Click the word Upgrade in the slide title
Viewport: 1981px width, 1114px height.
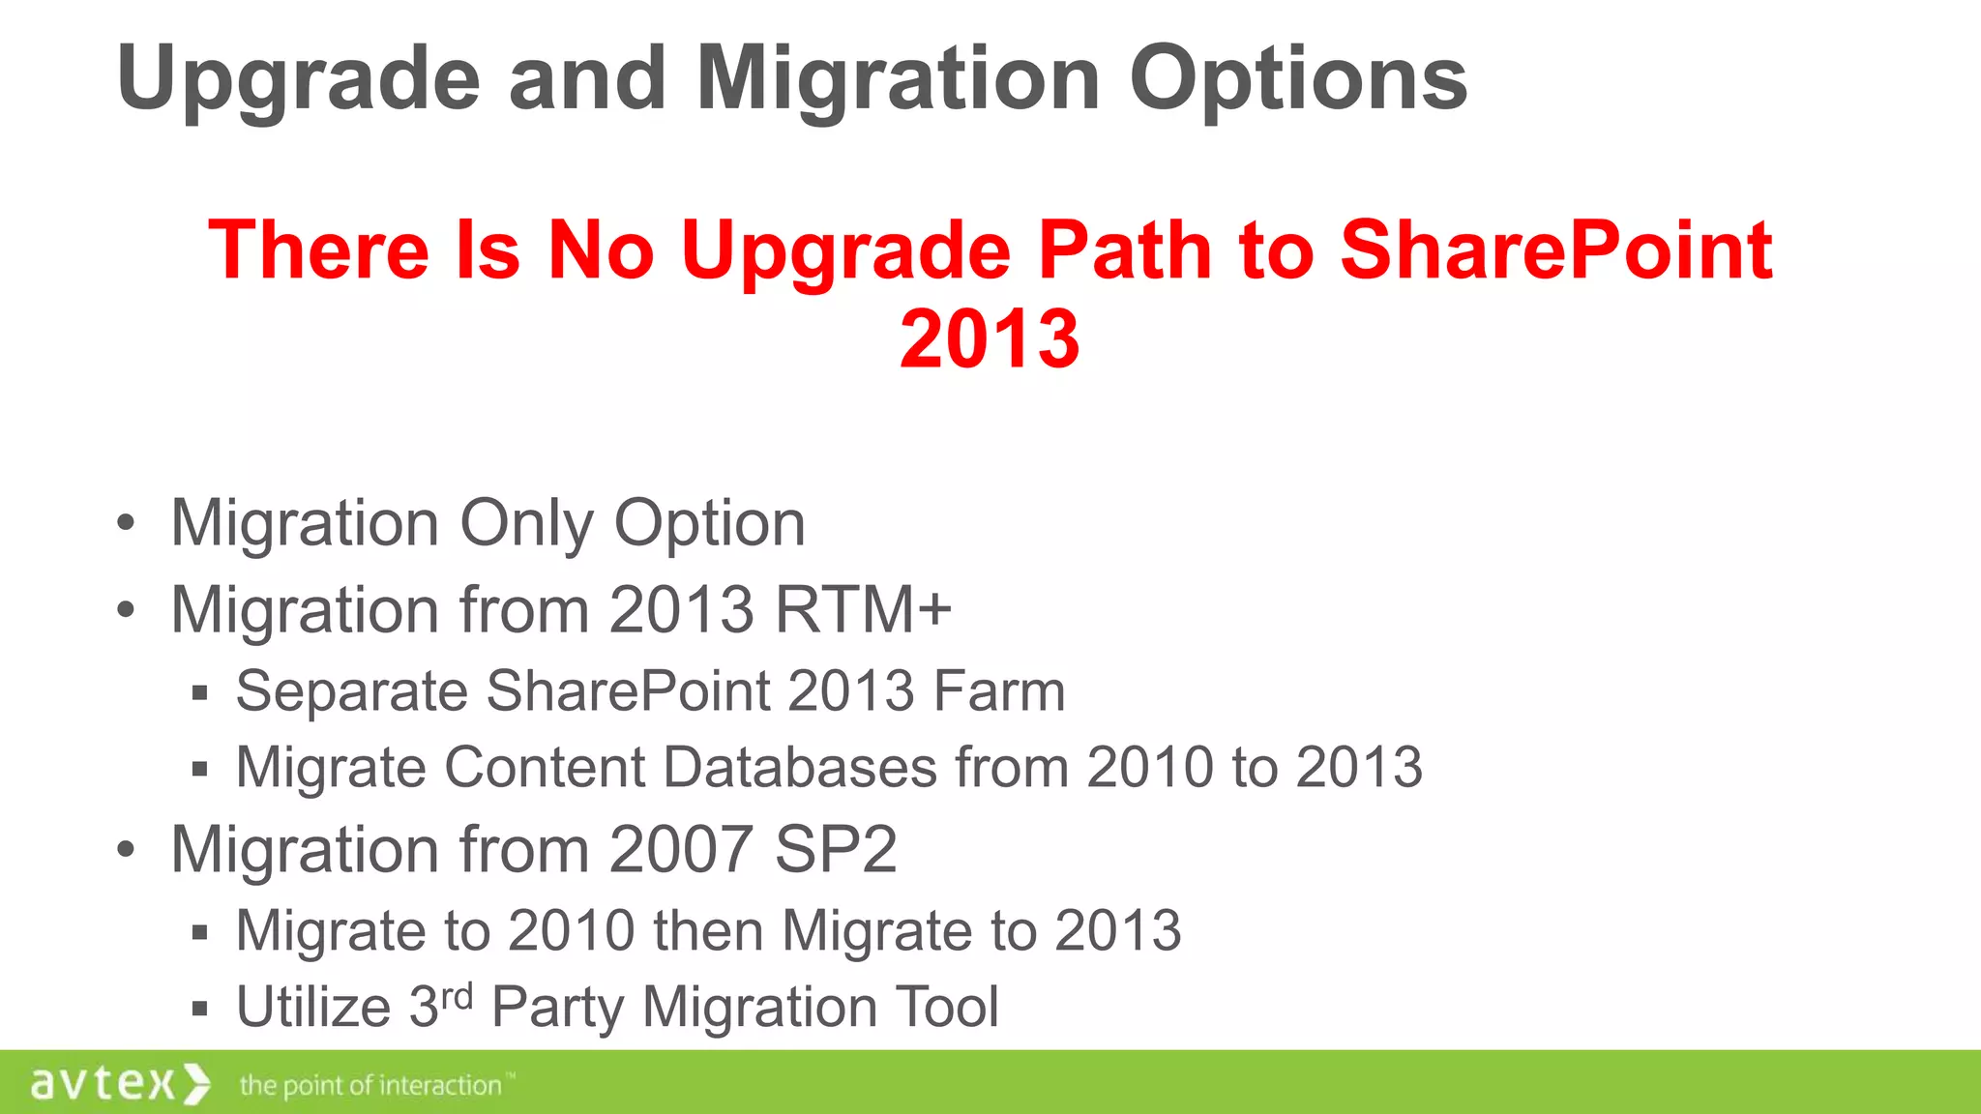coord(298,79)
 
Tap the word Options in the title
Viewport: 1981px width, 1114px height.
coord(1298,79)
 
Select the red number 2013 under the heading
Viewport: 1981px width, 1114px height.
coord(990,338)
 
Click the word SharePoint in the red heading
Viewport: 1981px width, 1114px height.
coord(1555,249)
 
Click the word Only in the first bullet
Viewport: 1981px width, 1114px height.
coord(526,524)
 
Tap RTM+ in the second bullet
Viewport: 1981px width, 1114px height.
coord(863,609)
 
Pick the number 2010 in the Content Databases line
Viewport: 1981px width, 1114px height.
coord(1150,767)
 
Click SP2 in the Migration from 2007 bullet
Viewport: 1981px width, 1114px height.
coord(836,849)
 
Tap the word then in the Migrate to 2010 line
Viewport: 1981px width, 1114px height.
coord(707,930)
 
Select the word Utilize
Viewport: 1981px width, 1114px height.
coord(313,1007)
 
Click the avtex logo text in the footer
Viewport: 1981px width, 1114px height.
coord(103,1083)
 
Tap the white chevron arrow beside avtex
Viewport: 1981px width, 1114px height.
coord(196,1083)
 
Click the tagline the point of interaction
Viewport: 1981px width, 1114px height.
coord(370,1085)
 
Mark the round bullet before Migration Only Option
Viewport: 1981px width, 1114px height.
coord(126,524)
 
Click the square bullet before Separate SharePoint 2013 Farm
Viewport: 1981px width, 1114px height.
coord(200,692)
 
